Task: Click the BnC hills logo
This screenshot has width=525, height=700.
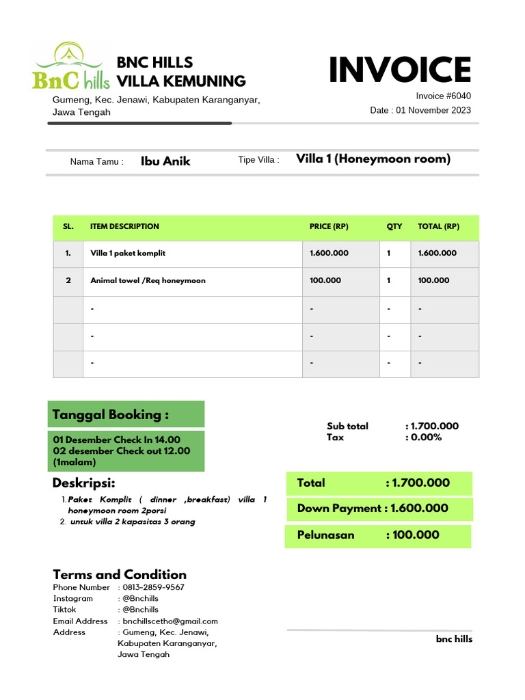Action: coord(70,67)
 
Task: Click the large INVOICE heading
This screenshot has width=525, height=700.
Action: coord(399,70)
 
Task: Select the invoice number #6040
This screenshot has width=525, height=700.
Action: coord(443,96)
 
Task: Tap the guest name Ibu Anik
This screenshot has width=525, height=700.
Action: coord(165,161)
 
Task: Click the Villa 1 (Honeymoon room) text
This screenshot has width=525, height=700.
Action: coord(373,159)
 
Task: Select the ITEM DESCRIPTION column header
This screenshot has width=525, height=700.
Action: coord(124,226)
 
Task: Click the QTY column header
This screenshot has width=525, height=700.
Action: coord(394,226)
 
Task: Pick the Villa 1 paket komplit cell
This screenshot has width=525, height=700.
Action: coord(128,253)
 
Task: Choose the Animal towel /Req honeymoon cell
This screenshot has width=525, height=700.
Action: coord(148,280)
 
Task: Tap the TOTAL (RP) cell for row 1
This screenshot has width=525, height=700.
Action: coord(437,253)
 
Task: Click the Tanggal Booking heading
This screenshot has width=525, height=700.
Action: coord(111,415)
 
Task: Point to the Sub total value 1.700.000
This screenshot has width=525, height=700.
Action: coord(435,426)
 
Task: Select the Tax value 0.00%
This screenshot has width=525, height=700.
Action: coord(427,437)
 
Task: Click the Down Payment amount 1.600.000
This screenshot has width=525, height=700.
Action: coord(419,508)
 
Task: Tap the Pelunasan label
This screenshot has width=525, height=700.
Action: coord(325,535)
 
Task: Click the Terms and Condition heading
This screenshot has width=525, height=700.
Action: coord(120,574)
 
